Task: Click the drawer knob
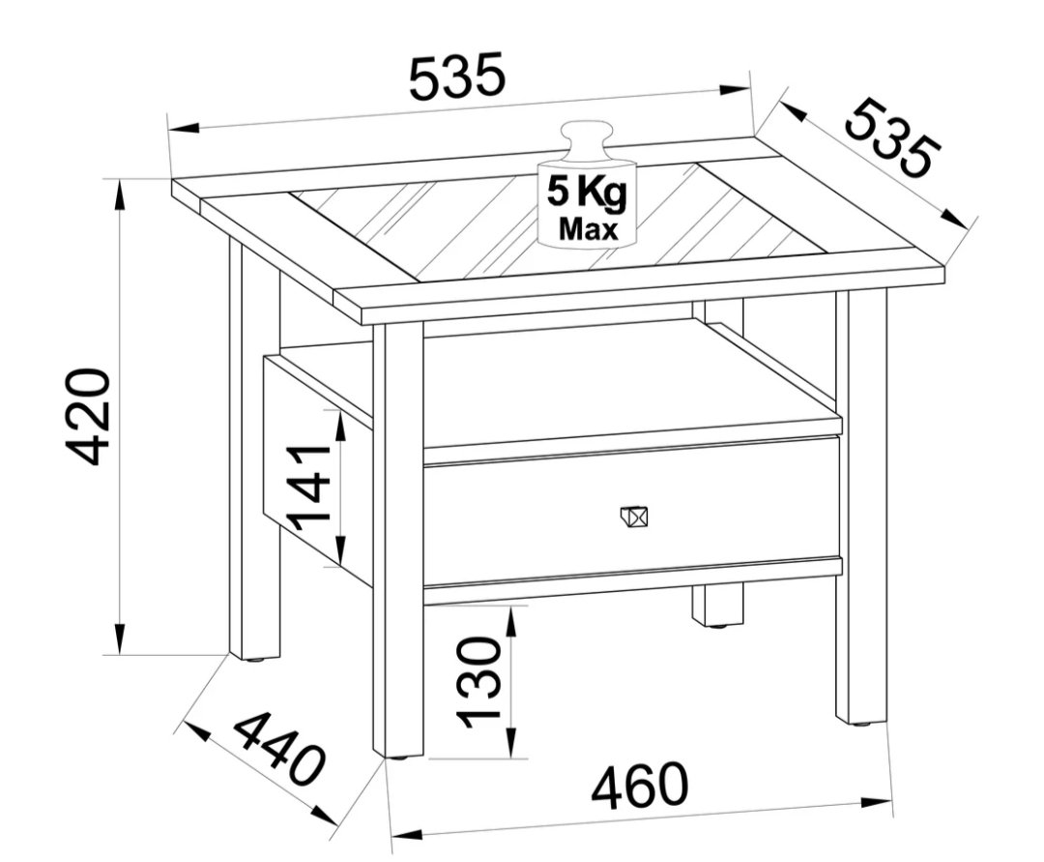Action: [633, 517]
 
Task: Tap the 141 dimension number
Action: [309, 489]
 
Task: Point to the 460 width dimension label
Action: [639, 786]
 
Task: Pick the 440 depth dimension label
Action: [279, 745]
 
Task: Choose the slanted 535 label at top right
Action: [892, 138]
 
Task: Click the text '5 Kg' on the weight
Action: [587, 193]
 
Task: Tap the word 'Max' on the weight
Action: [589, 229]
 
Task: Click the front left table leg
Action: [398, 540]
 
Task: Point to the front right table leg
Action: [861, 506]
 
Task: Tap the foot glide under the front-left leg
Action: [399, 758]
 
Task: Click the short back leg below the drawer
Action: [717, 605]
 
